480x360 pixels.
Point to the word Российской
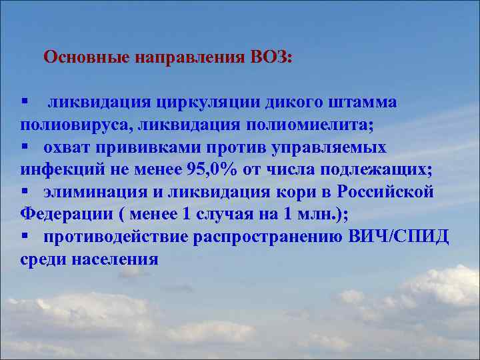(386, 192)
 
